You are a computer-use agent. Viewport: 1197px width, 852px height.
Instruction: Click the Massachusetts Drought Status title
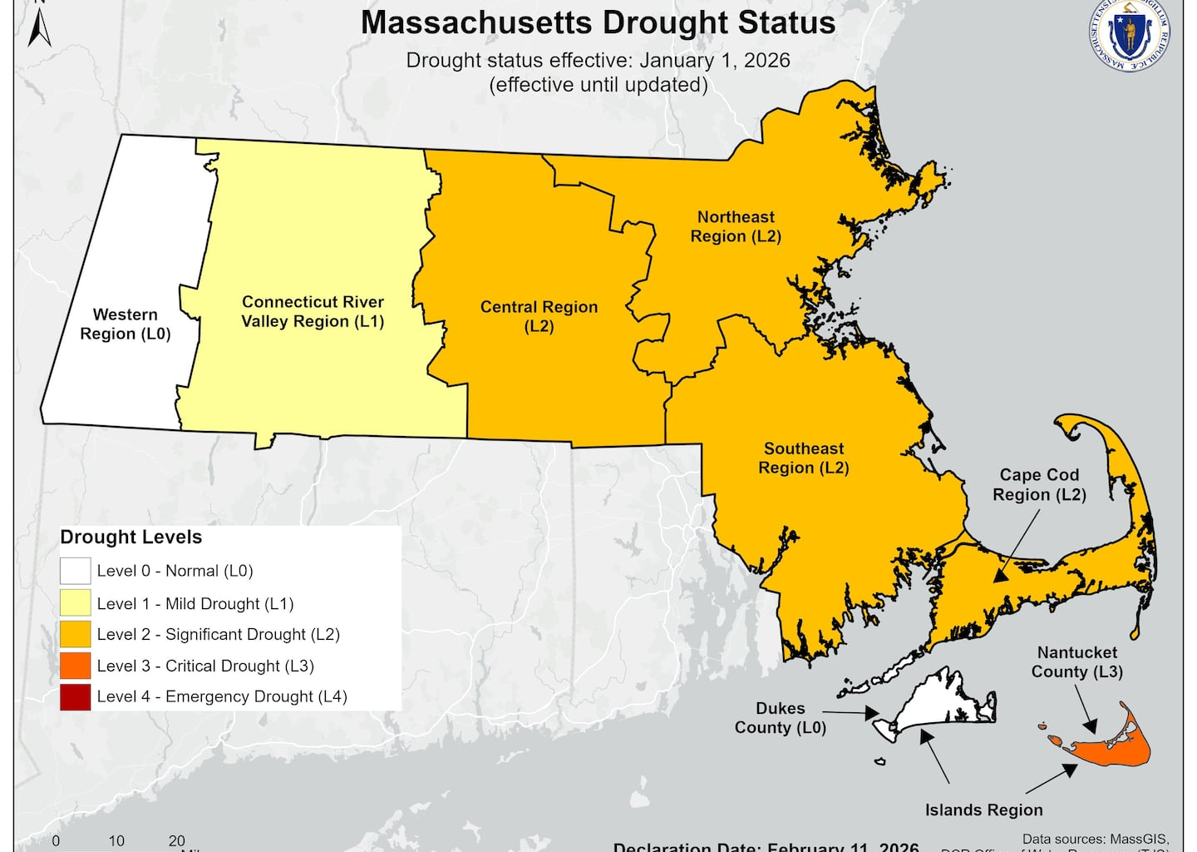pyautogui.click(x=598, y=23)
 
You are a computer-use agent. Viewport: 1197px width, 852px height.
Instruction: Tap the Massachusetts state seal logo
pyautogui.click(x=1129, y=35)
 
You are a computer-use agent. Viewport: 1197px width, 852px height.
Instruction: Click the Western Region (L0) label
pyautogui.click(x=126, y=324)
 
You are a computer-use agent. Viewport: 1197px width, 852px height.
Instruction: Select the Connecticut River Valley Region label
pyautogui.click(x=313, y=312)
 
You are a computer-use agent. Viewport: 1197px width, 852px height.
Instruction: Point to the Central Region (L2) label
pyautogui.click(x=539, y=316)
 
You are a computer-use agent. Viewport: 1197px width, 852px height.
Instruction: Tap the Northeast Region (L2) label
pyautogui.click(x=736, y=226)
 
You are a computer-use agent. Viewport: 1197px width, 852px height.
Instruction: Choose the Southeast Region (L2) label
pyautogui.click(x=804, y=458)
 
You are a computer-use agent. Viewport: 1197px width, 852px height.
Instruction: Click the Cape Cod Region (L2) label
pyautogui.click(x=1039, y=484)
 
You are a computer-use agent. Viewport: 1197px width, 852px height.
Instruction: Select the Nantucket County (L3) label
pyautogui.click(x=1076, y=662)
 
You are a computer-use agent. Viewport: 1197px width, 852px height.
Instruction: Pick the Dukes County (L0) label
pyautogui.click(x=780, y=718)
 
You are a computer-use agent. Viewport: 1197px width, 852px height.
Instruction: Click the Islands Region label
pyautogui.click(x=983, y=810)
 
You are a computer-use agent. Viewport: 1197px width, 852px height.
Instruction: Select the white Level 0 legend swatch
pyautogui.click(x=75, y=571)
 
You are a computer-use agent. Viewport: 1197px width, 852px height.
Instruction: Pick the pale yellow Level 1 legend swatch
pyautogui.click(x=75, y=603)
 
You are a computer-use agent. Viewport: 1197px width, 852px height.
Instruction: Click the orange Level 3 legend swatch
pyautogui.click(x=75, y=666)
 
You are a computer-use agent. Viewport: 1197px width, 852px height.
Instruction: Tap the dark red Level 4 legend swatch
pyautogui.click(x=75, y=696)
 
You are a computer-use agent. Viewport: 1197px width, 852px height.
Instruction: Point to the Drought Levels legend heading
pyautogui.click(x=131, y=537)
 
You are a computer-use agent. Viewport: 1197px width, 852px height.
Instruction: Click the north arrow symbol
pyautogui.click(x=39, y=25)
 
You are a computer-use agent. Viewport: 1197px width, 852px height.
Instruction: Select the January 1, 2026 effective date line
pyautogui.click(x=598, y=61)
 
